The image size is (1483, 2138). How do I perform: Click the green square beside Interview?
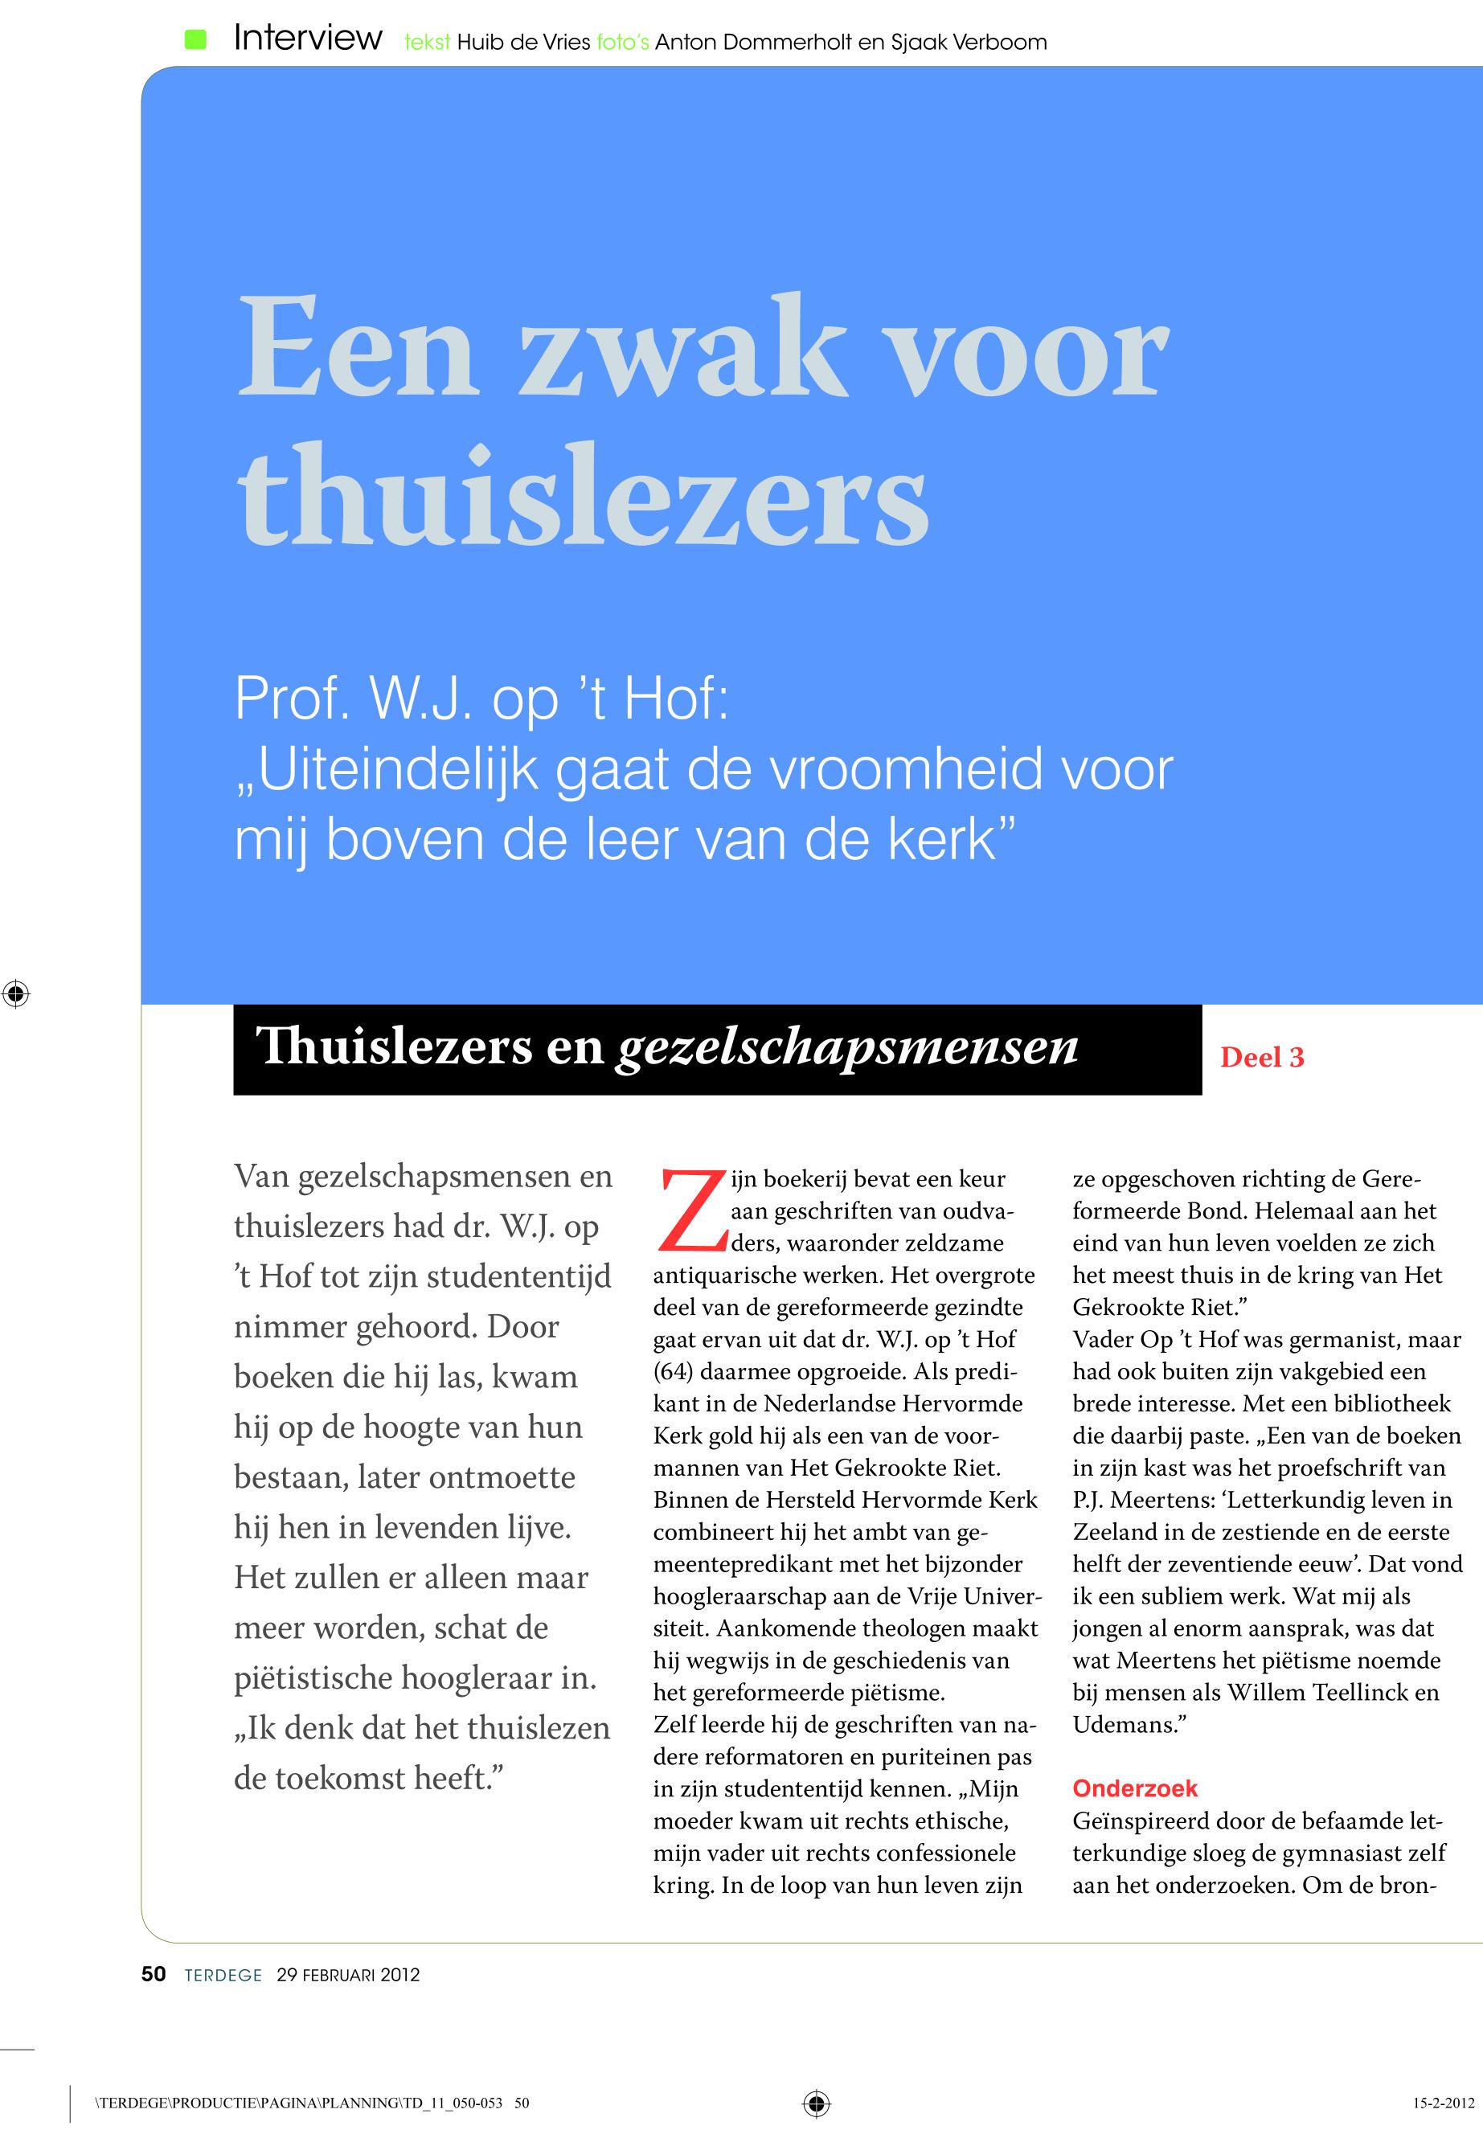[x=195, y=39]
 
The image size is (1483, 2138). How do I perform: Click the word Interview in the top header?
[x=308, y=38]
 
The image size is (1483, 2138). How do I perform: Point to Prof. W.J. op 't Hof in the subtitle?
[x=481, y=698]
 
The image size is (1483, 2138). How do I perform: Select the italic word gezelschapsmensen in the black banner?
[x=846, y=1046]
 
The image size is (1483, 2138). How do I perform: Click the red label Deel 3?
[x=1261, y=1058]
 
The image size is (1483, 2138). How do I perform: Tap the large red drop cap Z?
[x=690, y=1210]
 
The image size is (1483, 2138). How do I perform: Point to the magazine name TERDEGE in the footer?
[x=223, y=1976]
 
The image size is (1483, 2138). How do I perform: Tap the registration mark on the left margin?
[x=16, y=994]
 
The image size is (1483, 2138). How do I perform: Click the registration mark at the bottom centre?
[x=816, y=2103]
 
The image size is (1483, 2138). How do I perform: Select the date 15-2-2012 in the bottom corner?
[x=1442, y=2103]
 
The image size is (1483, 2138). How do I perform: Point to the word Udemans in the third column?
[x=1125, y=1725]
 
